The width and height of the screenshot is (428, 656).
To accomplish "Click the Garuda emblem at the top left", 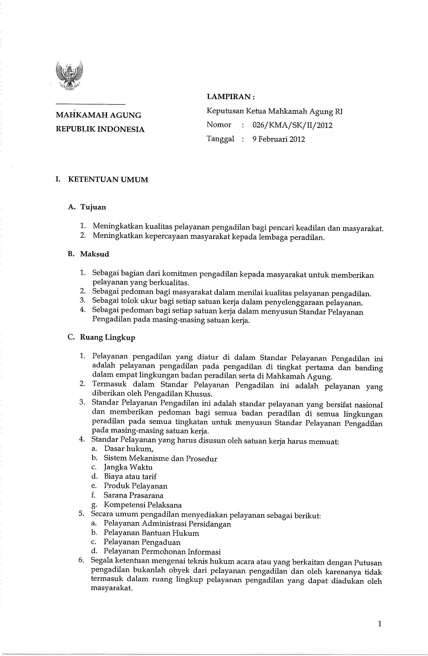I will pos(69,75).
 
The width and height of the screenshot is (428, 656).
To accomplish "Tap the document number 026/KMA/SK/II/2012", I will pos(292,125).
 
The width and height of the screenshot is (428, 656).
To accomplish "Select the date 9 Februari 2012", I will pos(279,139).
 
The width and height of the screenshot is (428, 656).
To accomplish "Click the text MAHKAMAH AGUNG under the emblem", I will pos(98,115).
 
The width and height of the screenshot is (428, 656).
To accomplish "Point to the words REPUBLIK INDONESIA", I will pos(100,129).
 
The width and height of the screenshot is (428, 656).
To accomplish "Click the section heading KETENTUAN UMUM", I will pos(108,180).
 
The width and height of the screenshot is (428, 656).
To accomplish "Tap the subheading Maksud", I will pos(94,254).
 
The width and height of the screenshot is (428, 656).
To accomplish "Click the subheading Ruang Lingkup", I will pos(108,337).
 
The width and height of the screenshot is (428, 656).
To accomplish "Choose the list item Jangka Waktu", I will pos(128,468).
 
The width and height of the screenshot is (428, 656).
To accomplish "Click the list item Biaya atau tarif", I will pos(130,477).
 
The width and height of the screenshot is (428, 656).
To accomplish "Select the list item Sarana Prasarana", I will pos(133,495).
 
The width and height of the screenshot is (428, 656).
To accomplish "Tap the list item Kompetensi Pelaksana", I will pos(143,505).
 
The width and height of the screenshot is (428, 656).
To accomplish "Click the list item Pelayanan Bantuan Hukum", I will pos(151,533).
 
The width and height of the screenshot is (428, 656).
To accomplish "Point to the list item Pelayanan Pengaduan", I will pos(142,542).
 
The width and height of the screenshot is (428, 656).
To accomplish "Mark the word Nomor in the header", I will pos(219,125).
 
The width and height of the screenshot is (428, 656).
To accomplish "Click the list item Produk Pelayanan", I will pos(136,486).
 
